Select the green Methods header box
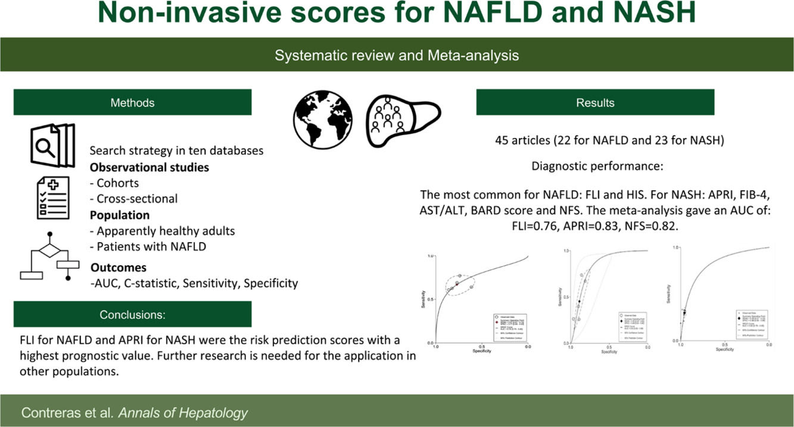click(132, 102)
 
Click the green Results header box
click(594, 102)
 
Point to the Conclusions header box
click(132, 315)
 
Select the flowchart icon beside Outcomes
click(50, 256)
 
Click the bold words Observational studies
click(150, 167)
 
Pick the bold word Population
click(120, 215)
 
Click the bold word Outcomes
click(119, 268)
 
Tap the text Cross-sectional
click(137, 199)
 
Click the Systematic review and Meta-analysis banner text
click(397, 55)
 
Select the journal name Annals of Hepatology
click(184, 413)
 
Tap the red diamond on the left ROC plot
click(457, 284)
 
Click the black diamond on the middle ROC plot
click(578, 302)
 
